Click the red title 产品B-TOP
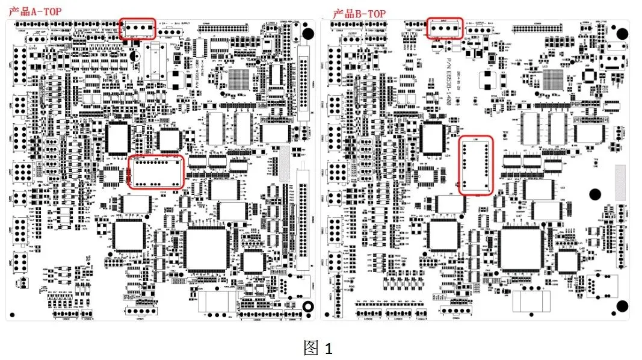(359, 13)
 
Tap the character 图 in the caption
(311, 347)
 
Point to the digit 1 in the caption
(329, 348)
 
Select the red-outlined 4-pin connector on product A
(138, 28)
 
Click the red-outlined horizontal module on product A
(156, 172)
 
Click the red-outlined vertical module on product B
(476, 165)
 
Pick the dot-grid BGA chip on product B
(555, 78)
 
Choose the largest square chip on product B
(520, 247)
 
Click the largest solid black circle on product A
(307, 33)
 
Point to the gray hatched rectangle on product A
(284, 158)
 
